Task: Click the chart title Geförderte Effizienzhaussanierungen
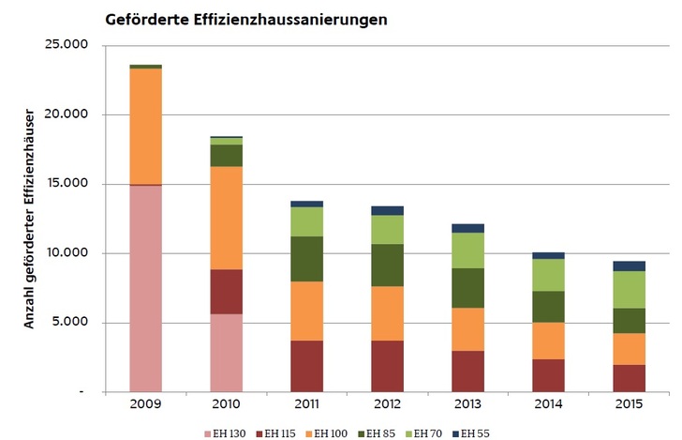point(246,19)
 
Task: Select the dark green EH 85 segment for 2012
point(387,265)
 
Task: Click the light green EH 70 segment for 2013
point(467,250)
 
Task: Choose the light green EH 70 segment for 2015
point(629,289)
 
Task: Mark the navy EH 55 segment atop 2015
point(629,266)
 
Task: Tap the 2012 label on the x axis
point(387,404)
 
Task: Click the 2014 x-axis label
point(548,404)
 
